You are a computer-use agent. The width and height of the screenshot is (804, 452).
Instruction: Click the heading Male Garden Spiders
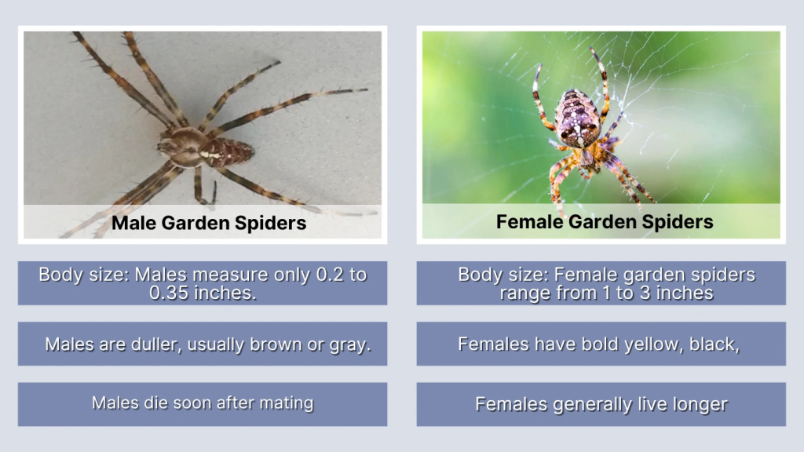[x=208, y=223]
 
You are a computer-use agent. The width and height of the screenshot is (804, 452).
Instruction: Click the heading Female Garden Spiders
[x=604, y=221]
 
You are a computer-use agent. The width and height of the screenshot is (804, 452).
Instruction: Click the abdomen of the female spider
[x=577, y=118]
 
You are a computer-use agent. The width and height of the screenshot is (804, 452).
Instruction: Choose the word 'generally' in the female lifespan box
[x=590, y=405]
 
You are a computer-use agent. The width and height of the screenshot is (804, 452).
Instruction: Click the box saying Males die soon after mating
[x=203, y=404]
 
